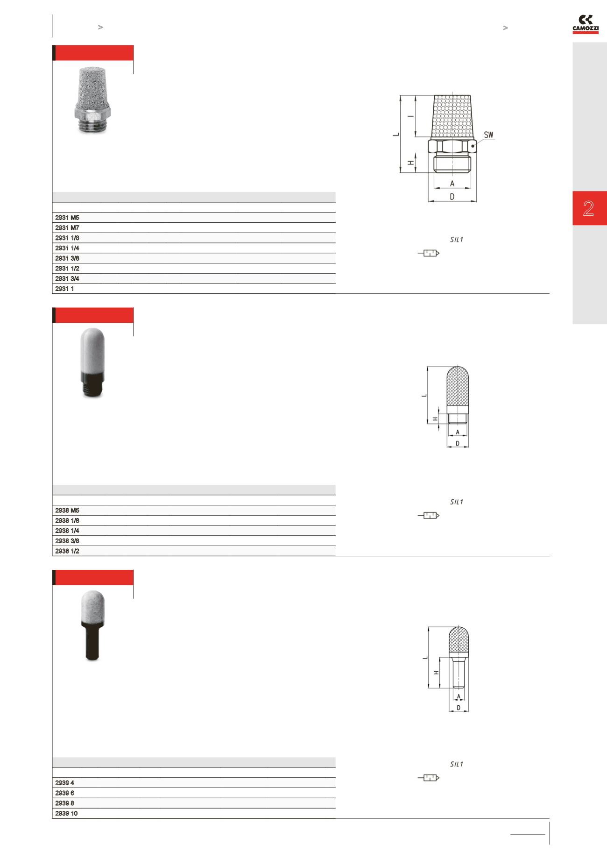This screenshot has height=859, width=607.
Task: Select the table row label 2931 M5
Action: click(67, 218)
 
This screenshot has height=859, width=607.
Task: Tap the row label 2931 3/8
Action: click(67, 258)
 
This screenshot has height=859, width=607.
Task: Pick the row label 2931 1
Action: click(64, 289)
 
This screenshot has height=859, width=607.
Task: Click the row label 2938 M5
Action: click(67, 511)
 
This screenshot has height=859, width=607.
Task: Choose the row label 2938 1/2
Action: click(67, 551)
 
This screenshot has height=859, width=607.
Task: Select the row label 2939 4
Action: click(64, 783)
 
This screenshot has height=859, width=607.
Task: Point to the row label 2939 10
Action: click(66, 813)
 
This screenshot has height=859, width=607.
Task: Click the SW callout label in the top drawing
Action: click(488, 135)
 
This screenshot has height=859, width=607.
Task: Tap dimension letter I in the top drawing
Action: click(410, 116)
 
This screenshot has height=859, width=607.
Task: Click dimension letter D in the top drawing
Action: click(452, 197)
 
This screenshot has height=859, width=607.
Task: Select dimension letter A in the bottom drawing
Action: click(459, 696)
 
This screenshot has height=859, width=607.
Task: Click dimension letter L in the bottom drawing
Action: click(425, 658)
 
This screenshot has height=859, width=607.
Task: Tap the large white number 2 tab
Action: click(588, 208)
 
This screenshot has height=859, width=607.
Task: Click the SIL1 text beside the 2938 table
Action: click(456, 502)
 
